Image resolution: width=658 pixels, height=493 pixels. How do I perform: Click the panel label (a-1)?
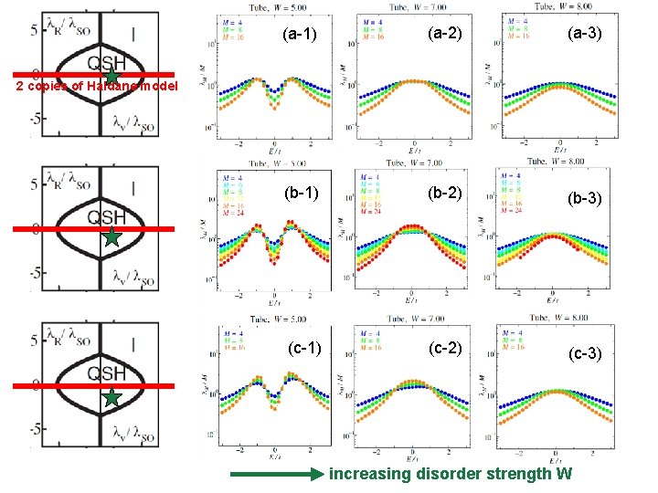pyautogui.click(x=300, y=36)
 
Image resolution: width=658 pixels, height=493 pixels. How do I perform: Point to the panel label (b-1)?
pyautogui.click(x=300, y=194)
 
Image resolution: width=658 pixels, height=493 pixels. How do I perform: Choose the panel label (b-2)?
pyautogui.click(x=443, y=194)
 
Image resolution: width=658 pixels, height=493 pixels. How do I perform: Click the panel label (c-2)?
pyautogui.click(x=443, y=348)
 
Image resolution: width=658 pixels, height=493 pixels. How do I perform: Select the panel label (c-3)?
pyautogui.click(x=584, y=353)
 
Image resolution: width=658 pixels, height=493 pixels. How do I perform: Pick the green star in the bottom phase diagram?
pyautogui.click(x=111, y=398)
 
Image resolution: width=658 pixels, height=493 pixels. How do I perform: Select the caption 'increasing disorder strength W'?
pyautogui.click(x=451, y=474)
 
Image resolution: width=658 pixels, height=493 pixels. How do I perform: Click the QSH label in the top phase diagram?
pyautogui.click(x=106, y=60)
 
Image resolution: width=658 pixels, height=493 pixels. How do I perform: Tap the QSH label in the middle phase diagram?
pyautogui.click(x=106, y=216)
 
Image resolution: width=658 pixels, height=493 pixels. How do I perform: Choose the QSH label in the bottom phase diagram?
pyautogui.click(x=106, y=372)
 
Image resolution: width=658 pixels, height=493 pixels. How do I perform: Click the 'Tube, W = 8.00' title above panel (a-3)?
pyautogui.click(x=557, y=6)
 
